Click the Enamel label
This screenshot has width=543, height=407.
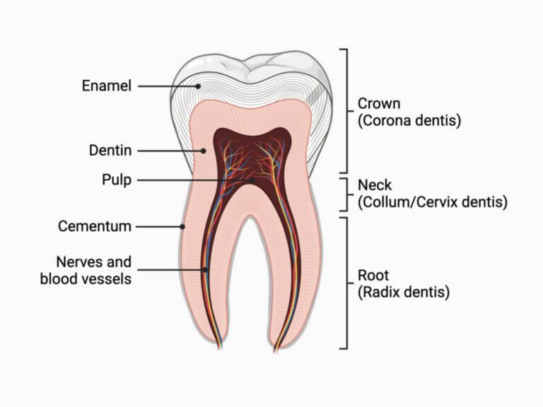[x=107, y=85]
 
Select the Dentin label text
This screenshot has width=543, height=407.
[x=110, y=151]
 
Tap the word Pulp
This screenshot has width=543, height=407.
[x=117, y=180]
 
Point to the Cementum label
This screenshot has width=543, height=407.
[x=95, y=226]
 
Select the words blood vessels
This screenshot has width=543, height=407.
[x=86, y=279]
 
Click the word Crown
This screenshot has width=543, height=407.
[x=379, y=103]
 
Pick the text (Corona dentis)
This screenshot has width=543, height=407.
[x=409, y=120]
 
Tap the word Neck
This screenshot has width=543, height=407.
[x=375, y=185]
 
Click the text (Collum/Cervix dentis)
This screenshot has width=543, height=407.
[x=433, y=202]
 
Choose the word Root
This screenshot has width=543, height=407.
[x=373, y=276]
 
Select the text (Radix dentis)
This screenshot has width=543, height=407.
[x=404, y=292]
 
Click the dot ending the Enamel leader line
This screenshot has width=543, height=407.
[x=198, y=86]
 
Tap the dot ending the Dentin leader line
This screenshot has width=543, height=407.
[x=204, y=151]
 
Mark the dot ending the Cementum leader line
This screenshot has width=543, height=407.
[x=182, y=227]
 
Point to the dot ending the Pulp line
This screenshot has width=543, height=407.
[x=252, y=180]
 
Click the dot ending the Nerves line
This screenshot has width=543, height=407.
[x=205, y=270]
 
